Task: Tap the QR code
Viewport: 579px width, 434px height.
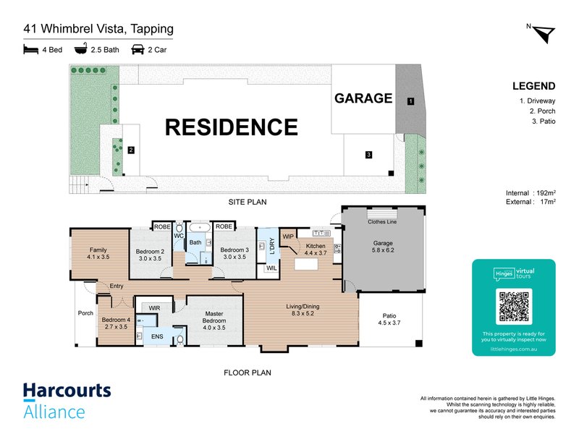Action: pos(514,306)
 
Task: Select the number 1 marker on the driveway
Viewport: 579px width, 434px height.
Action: pos(410,101)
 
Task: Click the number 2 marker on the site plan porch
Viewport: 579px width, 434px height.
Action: pos(131,150)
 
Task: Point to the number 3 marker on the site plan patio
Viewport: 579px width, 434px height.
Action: pos(368,155)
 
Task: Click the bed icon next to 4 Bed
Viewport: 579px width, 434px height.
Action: pos(30,49)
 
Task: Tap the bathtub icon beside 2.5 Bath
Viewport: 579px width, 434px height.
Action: pos(81,48)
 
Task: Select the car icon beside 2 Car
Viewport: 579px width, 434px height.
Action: pos(138,49)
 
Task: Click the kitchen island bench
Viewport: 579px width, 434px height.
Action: pos(306,264)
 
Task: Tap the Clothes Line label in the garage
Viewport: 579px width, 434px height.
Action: pos(382,222)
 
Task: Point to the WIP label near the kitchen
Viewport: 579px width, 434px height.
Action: pos(288,237)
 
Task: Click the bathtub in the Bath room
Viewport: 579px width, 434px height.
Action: pos(200,227)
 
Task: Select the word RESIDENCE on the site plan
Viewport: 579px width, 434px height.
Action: pos(232,127)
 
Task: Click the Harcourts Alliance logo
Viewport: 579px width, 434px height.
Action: pos(67,401)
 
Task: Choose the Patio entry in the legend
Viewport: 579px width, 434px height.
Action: pos(544,121)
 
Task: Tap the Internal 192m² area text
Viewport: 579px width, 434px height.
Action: pos(531,192)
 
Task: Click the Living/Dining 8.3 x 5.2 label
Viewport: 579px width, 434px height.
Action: pos(303,310)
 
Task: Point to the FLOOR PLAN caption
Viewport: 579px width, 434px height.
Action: pos(248,373)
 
